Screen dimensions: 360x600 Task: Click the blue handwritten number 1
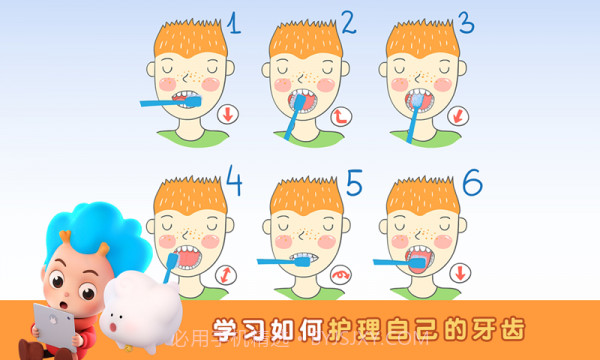tap(233, 25)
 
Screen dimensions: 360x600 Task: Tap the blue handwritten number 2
tap(347, 22)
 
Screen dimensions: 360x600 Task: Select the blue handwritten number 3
tap(464, 22)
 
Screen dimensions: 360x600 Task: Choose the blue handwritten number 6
tap(471, 182)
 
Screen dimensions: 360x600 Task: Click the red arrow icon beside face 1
tap(228, 113)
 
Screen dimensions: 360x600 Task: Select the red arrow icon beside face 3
tap(458, 115)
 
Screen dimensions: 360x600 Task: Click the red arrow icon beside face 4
tap(228, 272)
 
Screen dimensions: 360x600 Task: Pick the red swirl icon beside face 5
tap(342, 273)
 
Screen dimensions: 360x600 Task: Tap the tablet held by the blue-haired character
tap(50, 330)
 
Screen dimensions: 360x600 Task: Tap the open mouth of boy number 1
tap(184, 98)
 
